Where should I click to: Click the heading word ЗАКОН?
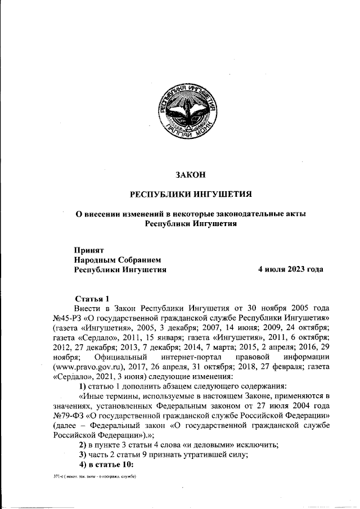(190, 175)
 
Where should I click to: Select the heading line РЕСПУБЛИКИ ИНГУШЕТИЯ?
(190, 195)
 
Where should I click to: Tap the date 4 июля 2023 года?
(290, 269)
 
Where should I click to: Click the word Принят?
(89, 249)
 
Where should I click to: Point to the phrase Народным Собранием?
(118, 259)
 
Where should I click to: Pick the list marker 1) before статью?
(82, 386)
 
